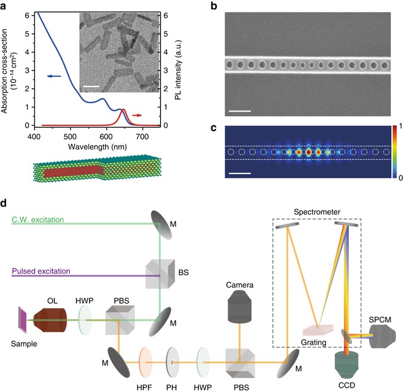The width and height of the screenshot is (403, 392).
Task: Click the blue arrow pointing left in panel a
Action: click(x=54, y=76)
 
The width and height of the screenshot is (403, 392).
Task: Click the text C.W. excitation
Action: click(x=38, y=220)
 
